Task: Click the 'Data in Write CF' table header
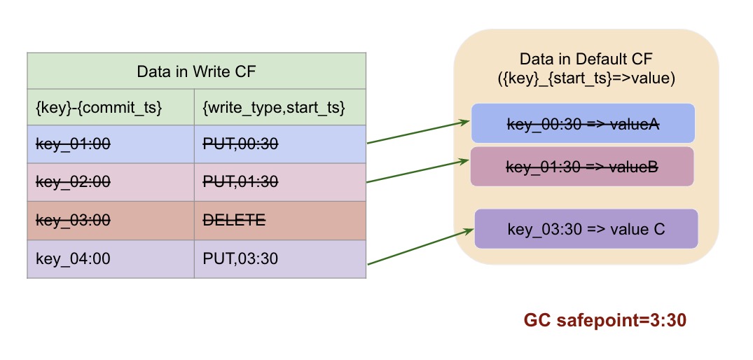pyautogui.click(x=196, y=71)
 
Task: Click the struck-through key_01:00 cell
pyautogui.click(x=73, y=144)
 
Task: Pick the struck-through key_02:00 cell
pyautogui.click(x=73, y=181)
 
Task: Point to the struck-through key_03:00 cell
pyautogui.click(x=73, y=220)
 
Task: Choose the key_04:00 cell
pyautogui.click(x=73, y=258)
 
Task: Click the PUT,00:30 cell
pyautogui.click(x=240, y=144)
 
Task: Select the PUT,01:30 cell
pyautogui.click(x=240, y=181)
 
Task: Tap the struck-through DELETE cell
pyautogui.click(x=234, y=220)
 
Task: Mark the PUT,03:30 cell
pyautogui.click(x=240, y=258)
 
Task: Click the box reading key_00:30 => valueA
pyautogui.click(x=583, y=123)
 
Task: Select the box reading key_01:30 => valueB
pyautogui.click(x=582, y=167)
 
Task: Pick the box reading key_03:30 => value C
pyautogui.click(x=586, y=228)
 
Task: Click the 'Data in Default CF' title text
pyautogui.click(x=586, y=60)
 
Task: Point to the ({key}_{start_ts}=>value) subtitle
pyautogui.click(x=586, y=78)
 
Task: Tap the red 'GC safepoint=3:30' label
pyautogui.click(x=605, y=321)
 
